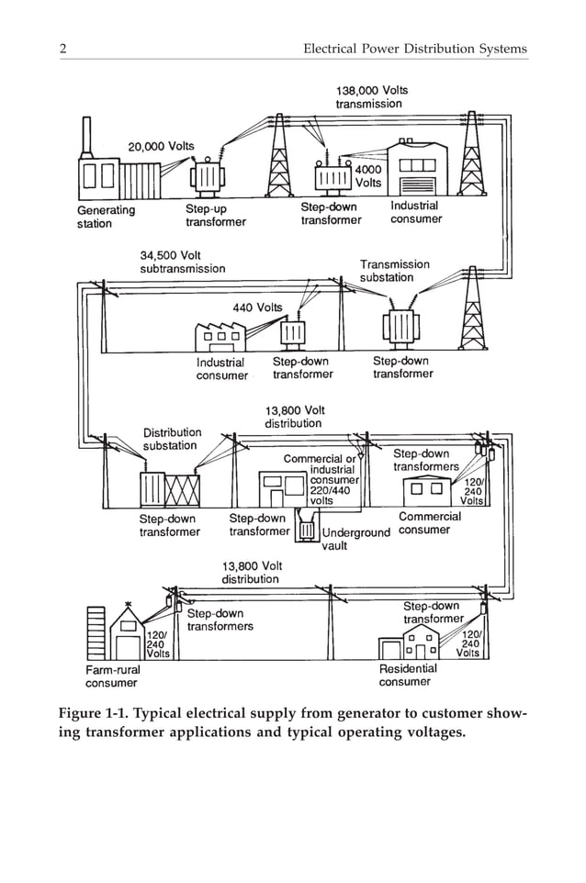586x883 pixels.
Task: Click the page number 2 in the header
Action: point(62,48)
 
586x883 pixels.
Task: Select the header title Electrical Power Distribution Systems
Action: point(415,48)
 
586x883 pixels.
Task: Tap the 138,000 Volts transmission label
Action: point(371,97)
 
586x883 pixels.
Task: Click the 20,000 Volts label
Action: point(161,146)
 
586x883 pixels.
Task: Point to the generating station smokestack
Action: point(86,139)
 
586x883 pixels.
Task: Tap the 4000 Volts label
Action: point(367,176)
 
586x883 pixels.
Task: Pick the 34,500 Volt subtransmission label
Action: point(182,262)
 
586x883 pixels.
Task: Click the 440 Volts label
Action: point(256,307)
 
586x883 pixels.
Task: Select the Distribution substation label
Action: point(172,439)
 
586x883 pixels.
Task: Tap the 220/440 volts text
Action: point(330,496)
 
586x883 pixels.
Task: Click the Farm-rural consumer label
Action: point(112,676)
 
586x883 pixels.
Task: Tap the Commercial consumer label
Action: point(429,523)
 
